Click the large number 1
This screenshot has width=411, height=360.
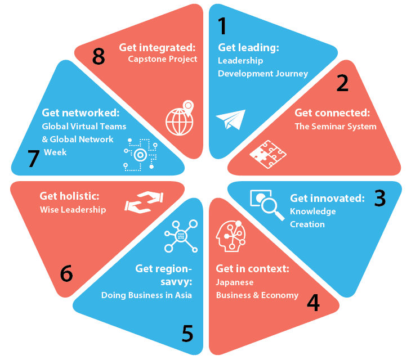tap(222, 26)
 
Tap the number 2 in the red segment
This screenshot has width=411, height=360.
tap(342, 83)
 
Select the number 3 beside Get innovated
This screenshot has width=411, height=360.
tap(380, 197)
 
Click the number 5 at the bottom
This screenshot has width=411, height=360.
tap(187, 334)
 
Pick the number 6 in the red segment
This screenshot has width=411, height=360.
tap(66, 273)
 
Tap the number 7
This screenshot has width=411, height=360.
tap(33, 159)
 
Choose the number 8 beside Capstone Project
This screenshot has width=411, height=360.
tap(99, 56)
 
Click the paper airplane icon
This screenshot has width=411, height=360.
tap(230, 119)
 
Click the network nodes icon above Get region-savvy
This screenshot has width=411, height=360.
tap(181, 236)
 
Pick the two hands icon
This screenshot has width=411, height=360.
tap(143, 201)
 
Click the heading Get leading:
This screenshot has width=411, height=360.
tap(248, 47)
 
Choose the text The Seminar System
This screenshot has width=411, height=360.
tap(335, 126)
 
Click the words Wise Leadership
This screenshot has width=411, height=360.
tap(73, 210)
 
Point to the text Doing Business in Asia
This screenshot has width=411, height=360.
tap(146, 295)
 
